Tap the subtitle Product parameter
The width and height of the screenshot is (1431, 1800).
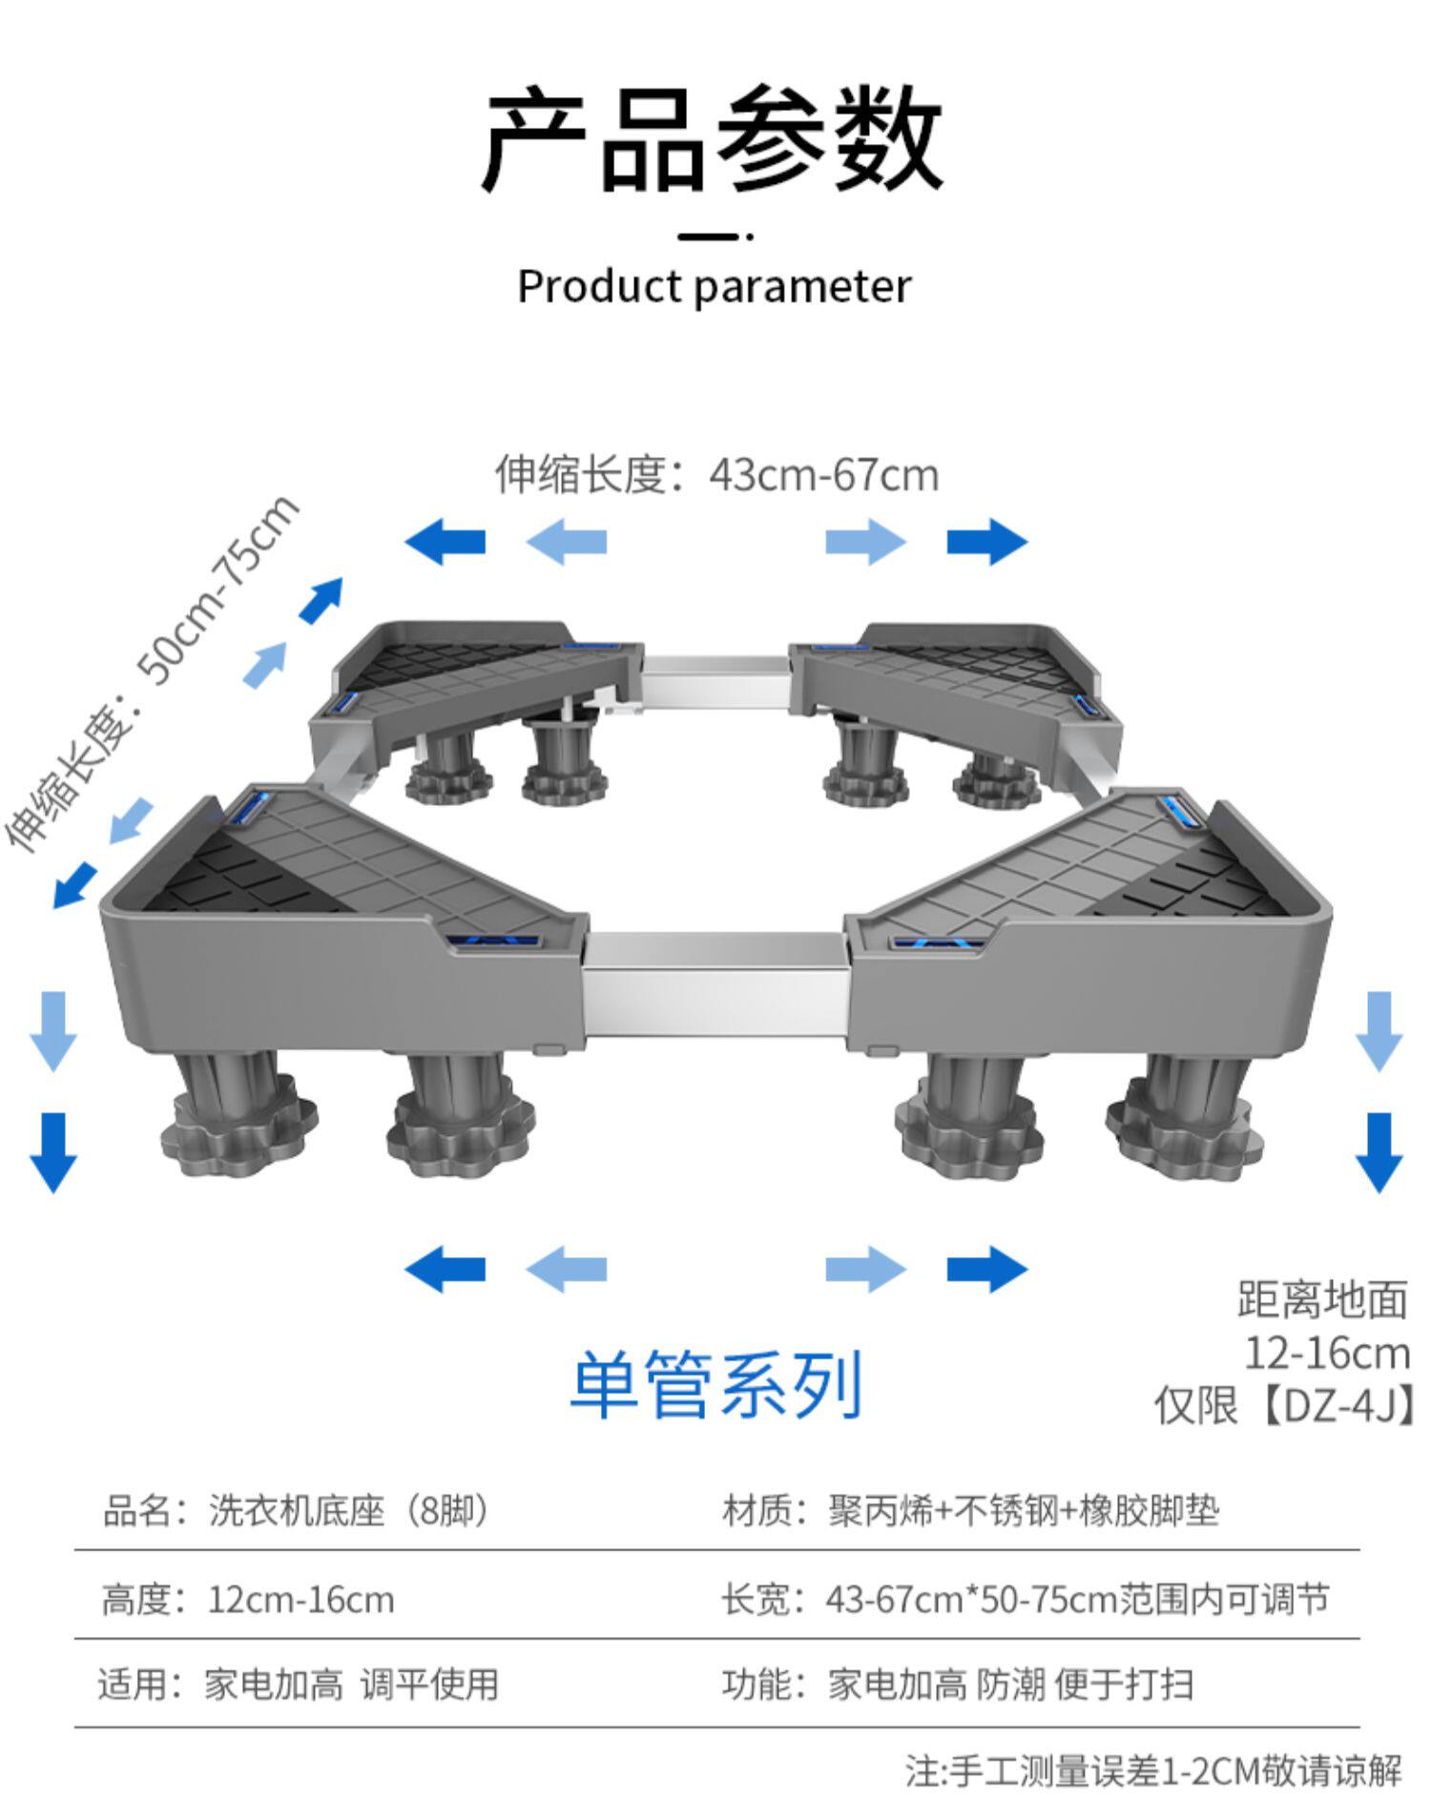(x=714, y=286)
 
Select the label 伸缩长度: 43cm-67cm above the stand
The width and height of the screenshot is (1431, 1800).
(x=716, y=474)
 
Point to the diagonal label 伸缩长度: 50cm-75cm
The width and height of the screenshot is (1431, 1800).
(x=153, y=672)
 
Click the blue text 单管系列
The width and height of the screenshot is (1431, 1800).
(x=716, y=1384)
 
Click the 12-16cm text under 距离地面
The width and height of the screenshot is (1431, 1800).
(x=1326, y=1353)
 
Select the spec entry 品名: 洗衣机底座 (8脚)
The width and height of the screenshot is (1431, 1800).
(x=296, y=1512)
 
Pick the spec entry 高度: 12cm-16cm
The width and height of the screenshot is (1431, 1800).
(x=248, y=1600)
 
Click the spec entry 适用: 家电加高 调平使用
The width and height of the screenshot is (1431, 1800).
(x=299, y=1685)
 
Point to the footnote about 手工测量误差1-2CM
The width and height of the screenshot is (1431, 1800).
(x=1153, y=1771)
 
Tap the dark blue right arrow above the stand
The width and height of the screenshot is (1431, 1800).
(x=986, y=542)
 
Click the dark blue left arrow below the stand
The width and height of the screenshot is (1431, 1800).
(x=446, y=1270)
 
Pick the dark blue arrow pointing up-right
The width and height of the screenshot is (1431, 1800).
(x=321, y=600)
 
